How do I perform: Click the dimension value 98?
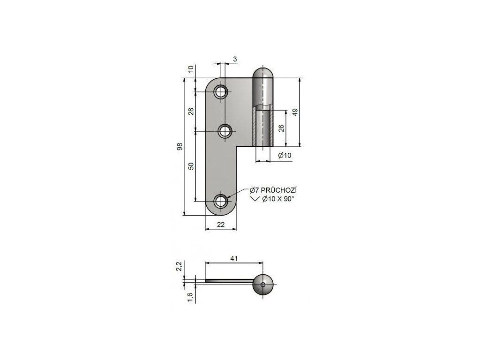[x=180, y=146]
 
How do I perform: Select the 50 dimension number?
[x=191, y=166]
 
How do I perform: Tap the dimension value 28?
[x=191, y=112]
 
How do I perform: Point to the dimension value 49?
[x=295, y=112]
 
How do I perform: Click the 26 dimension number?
[x=281, y=127]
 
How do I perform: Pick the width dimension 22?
[x=221, y=225]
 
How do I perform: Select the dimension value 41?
[x=234, y=259]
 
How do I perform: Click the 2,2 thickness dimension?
[x=180, y=266]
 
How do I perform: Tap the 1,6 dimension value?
[x=190, y=297]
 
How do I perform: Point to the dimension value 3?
[x=235, y=59]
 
